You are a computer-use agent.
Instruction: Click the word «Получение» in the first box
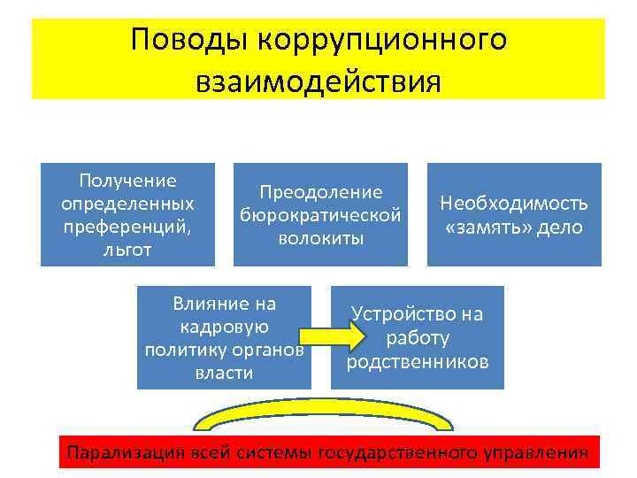[x=128, y=181]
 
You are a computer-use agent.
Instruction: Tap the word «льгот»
[x=127, y=250]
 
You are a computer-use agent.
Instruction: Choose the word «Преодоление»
[x=320, y=192]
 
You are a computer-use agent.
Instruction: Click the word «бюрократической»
[x=320, y=215]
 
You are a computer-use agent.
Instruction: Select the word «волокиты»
[x=320, y=238]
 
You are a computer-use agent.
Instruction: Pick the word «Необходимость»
[x=514, y=204]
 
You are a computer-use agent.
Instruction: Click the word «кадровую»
[x=225, y=327]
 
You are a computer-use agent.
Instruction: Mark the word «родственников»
[x=418, y=361]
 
